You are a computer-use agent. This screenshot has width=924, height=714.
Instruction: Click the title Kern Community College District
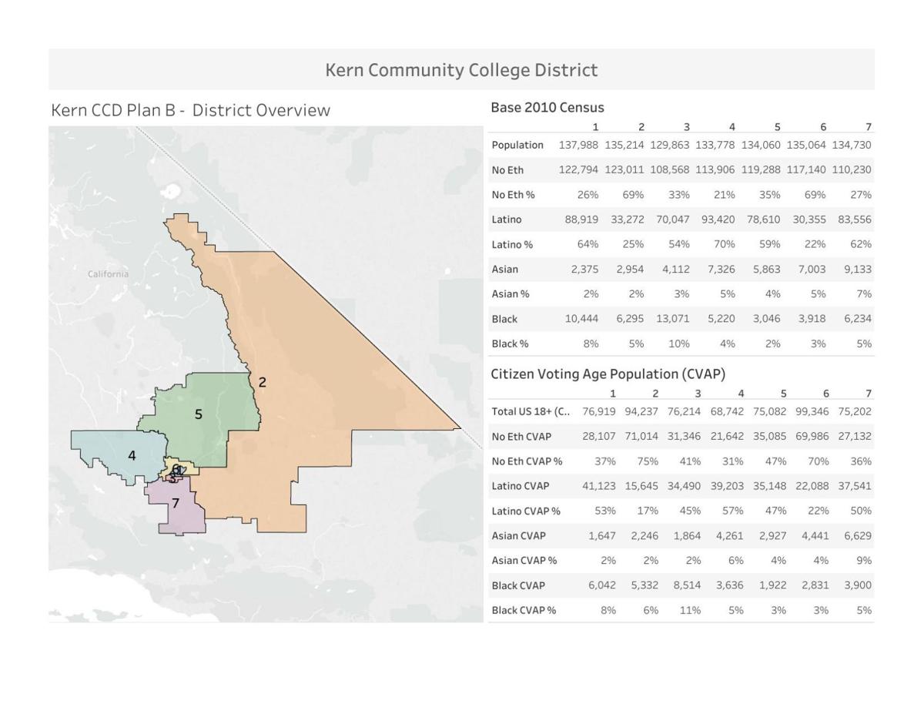461,70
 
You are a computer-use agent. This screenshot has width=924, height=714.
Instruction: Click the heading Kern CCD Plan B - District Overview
190,110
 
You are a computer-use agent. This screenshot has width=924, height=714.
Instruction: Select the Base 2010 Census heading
547,108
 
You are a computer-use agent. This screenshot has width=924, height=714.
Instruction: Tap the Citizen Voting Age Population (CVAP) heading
608,374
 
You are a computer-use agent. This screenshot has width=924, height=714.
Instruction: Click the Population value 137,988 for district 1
578,145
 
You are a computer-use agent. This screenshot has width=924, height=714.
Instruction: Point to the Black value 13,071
672,319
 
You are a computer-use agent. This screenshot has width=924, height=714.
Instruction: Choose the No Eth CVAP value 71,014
641,437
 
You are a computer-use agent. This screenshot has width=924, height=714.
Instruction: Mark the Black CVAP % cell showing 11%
690,610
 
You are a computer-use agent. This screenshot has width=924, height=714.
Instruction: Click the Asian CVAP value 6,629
857,536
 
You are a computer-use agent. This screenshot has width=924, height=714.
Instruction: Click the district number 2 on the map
263,382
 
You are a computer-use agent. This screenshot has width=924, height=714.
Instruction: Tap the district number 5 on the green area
199,414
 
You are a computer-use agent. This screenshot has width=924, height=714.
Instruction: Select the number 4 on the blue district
132,456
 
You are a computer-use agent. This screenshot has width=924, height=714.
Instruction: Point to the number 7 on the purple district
176,504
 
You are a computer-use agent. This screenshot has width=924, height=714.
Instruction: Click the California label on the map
109,274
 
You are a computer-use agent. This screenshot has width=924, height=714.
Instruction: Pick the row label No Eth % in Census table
513,195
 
